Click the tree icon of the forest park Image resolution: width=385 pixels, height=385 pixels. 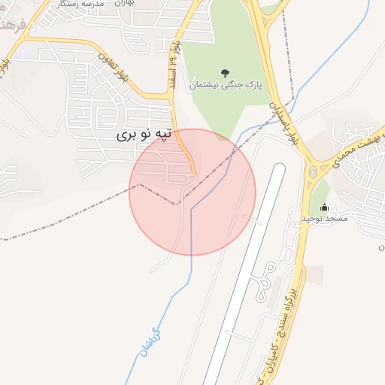coord(225,72)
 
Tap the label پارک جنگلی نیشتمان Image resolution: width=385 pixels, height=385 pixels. coord(226,86)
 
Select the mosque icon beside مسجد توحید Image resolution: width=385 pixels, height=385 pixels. coord(324,208)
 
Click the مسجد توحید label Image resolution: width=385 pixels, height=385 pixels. coord(324,218)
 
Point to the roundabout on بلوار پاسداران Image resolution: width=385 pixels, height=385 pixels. coord(313,172)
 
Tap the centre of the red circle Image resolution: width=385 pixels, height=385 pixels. coord(192,192)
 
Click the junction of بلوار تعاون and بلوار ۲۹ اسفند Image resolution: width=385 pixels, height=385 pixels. coord(171,95)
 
